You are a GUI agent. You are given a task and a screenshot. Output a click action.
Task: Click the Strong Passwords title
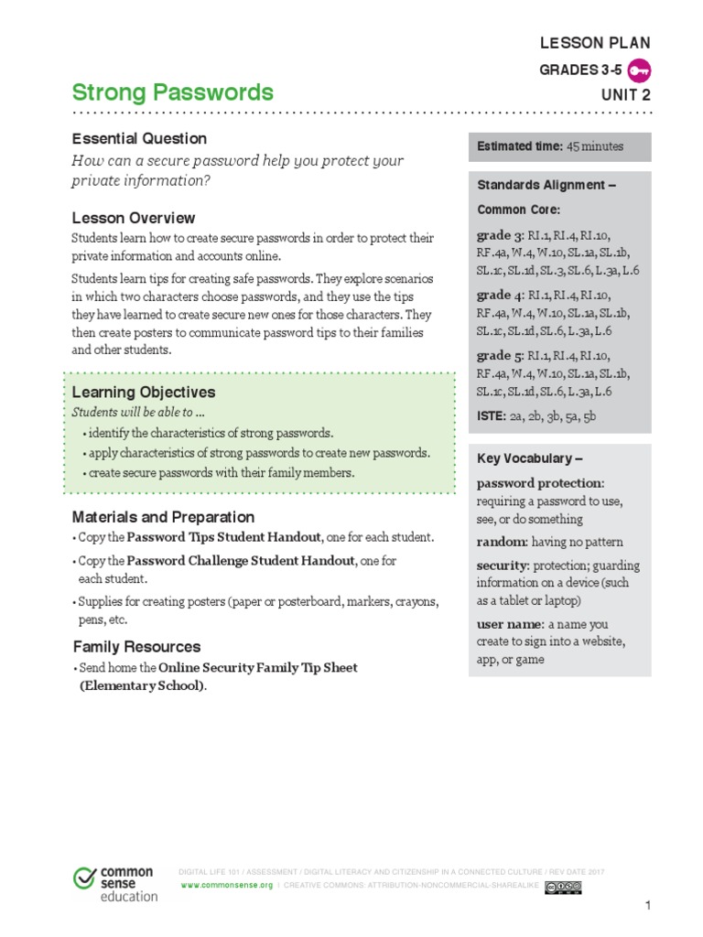tap(172, 92)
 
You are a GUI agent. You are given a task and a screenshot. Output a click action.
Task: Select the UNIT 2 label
tap(626, 93)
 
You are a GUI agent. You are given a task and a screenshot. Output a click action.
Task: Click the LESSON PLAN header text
tap(596, 43)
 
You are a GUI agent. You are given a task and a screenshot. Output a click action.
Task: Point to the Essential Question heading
tap(139, 139)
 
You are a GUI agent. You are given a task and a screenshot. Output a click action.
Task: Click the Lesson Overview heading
tap(134, 218)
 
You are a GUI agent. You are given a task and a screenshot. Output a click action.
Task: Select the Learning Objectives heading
tap(144, 393)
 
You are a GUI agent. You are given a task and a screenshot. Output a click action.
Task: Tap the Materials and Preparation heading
tap(163, 517)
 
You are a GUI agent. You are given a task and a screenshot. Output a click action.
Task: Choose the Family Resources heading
tap(136, 646)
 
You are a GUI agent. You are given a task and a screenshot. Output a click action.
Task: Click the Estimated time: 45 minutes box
tap(559, 146)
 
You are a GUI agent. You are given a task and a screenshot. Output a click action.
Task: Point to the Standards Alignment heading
tap(546, 185)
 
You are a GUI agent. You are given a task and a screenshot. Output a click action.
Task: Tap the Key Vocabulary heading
tap(530, 458)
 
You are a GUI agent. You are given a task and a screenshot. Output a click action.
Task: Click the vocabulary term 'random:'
tap(501, 542)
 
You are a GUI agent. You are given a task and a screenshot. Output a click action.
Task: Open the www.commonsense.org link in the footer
tap(227, 887)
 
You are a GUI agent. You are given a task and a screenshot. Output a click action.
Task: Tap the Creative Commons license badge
tap(563, 887)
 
